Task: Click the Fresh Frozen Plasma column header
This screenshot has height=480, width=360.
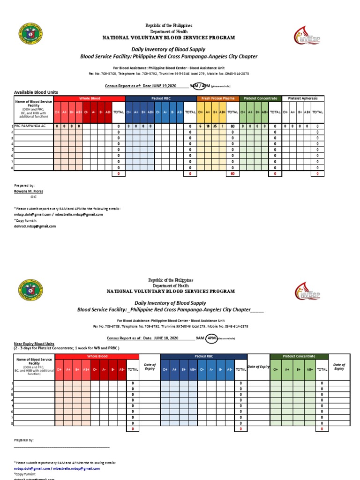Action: pyautogui.click(x=218, y=98)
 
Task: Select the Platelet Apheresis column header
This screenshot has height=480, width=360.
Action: pyautogui.click(x=303, y=98)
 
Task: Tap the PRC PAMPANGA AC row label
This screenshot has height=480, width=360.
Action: pyautogui.click(x=30, y=127)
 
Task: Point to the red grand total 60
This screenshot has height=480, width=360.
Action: pyautogui.click(x=232, y=174)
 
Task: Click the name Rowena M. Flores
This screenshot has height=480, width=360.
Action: pyautogui.click(x=29, y=191)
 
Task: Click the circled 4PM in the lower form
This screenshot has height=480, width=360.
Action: pyautogui.click(x=212, y=338)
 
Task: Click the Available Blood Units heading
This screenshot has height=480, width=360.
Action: pyautogui.click(x=36, y=92)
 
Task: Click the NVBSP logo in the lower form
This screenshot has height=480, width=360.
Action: pyautogui.click(x=307, y=291)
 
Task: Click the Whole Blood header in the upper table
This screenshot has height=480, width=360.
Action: pyautogui.click(x=90, y=98)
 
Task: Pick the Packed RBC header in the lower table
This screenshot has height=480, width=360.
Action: pyautogui.click(x=203, y=357)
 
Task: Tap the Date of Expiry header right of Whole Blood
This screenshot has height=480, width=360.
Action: pyautogui.click(x=150, y=367)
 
